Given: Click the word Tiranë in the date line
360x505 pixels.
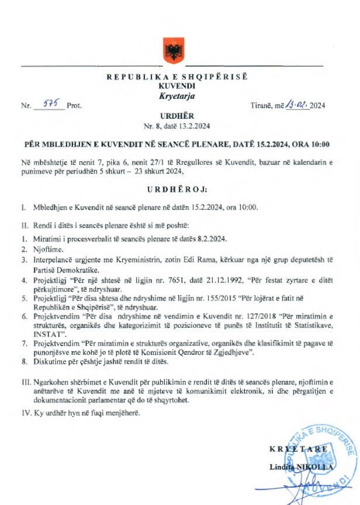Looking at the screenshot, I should point(262,106).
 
